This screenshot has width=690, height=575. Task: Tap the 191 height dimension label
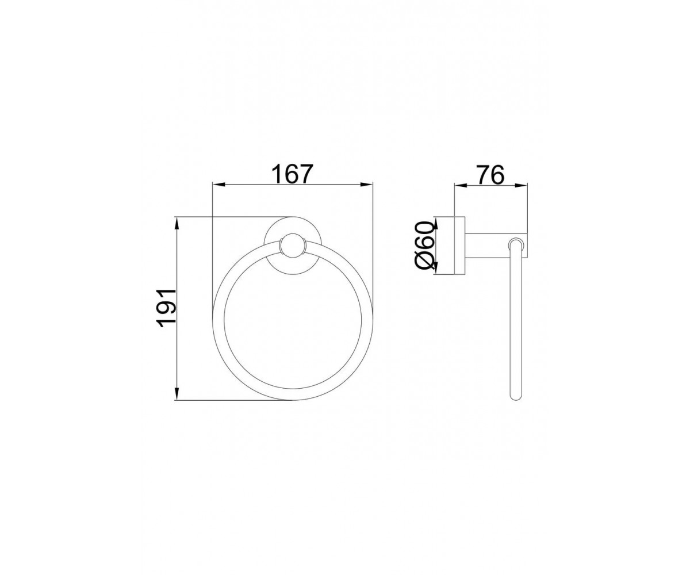point(167,308)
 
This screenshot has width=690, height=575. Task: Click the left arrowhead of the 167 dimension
point(218,185)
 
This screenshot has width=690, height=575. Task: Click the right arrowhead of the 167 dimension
point(366,185)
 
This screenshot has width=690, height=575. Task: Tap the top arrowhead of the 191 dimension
point(177,224)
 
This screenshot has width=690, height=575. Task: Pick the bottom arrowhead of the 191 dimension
point(177,393)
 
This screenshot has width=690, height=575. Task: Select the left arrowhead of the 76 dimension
point(461,186)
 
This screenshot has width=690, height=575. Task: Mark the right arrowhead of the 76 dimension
point(520,186)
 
